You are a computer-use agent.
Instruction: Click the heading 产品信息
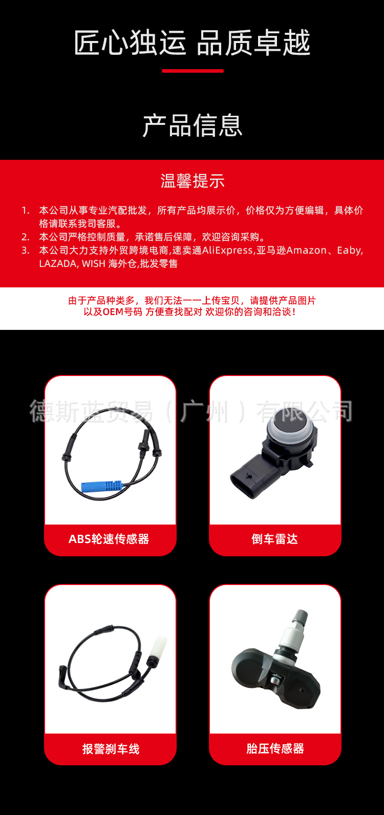click(x=192, y=126)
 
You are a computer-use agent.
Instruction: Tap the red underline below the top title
click(x=193, y=71)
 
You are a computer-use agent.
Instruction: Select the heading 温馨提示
click(x=193, y=181)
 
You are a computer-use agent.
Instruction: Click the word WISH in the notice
click(x=93, y=264)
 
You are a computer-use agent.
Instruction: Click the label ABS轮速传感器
click(x=109, y=539)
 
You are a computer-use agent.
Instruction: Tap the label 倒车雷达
click(x=275, y=539)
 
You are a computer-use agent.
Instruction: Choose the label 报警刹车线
click(x=111, y=749)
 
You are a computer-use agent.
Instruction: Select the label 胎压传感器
click(x=275, y=748)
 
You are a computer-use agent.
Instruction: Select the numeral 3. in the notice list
click(x=26, y=250)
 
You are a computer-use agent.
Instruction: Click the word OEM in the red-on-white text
click(x=113, y=312)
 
